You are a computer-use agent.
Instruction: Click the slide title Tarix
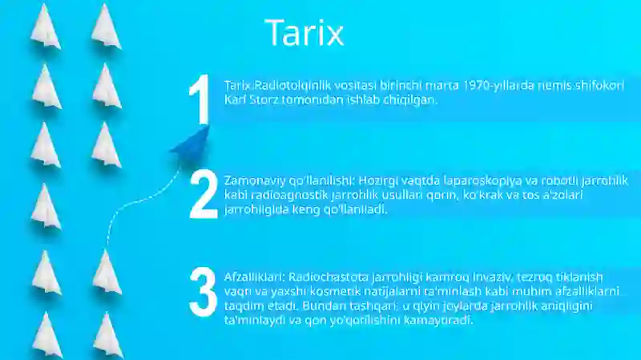(304, 32)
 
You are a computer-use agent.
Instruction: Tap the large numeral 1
(200, 99)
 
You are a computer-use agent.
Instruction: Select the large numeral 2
(204, 194)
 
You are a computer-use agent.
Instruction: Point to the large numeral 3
(204, 292)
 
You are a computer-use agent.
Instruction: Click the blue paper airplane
(191, 145)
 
